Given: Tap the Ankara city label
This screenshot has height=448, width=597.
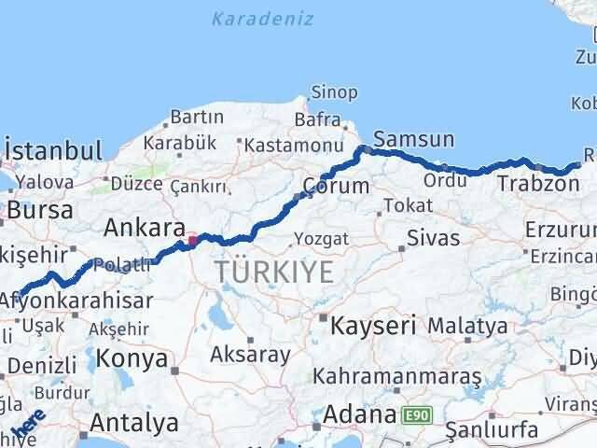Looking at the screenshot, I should click(143, 227).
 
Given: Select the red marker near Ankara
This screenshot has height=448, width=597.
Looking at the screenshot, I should click(193, 241).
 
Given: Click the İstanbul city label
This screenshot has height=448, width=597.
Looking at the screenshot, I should click(53, 151).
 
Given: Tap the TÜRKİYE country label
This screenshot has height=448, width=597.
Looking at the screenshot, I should click(274, 273).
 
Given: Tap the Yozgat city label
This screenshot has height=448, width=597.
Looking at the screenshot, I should click(321, 240).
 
